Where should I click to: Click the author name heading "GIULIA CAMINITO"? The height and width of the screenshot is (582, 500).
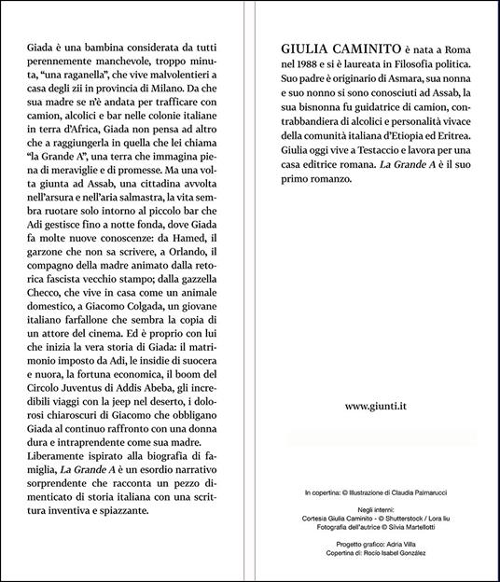tap(340, 48)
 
